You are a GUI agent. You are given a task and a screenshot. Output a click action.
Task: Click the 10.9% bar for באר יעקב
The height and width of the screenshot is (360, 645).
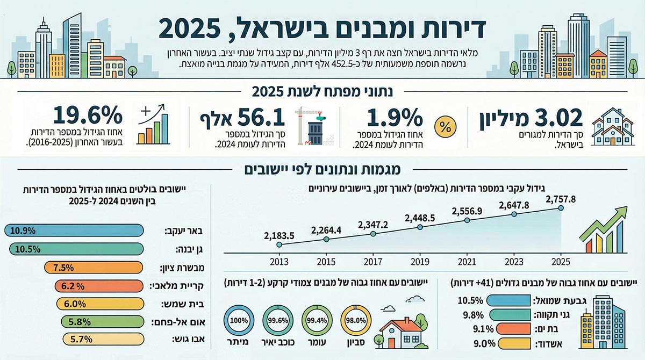point(74,231)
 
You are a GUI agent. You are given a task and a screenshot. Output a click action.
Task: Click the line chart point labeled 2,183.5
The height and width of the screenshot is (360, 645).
point(279,244)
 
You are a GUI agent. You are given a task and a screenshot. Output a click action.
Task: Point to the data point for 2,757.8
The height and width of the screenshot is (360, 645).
point(562,208)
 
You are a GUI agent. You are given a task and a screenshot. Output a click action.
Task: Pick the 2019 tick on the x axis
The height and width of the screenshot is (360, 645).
point(419,262)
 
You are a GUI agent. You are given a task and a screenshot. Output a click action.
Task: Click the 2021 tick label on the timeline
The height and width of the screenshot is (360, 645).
point(467,262)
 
